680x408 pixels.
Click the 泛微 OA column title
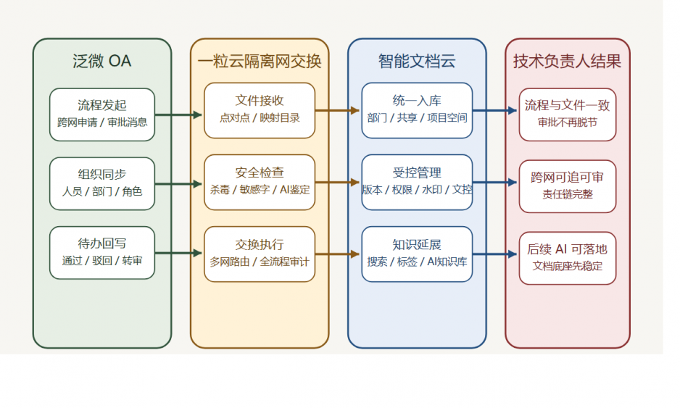(102, 61)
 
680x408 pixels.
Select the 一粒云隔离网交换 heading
(259, 61)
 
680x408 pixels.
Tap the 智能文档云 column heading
(417, 61)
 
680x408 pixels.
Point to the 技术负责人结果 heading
(567, 61)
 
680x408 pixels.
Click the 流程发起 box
(102, 114)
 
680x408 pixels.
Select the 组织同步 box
(102, 183)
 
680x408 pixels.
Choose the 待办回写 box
(102, 252)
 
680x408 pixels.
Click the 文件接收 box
(259, 110)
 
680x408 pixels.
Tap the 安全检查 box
(259, 182)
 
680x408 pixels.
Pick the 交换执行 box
(259, 253)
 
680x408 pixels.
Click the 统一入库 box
(417, 110)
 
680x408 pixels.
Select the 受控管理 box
(417, 182)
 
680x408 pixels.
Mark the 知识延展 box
(417, 253)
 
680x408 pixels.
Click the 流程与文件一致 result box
(567, 114)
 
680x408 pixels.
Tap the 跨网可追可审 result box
(567, 186)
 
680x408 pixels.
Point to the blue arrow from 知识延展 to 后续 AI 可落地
(495, 254)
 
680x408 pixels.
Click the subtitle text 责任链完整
(567, 194)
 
